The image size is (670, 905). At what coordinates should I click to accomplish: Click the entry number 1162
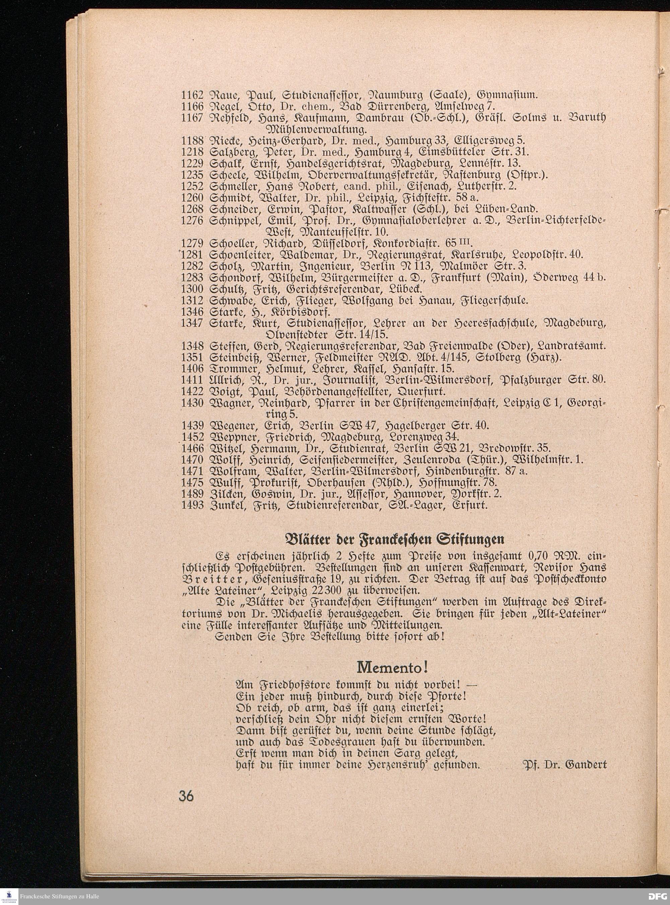pos(191,96)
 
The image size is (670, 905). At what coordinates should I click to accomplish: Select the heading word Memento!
pos(393,667)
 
